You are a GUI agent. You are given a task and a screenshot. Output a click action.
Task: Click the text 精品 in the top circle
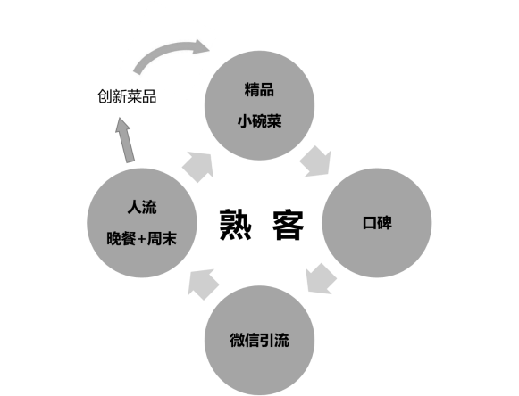pyautogui.click(x=259, y=89)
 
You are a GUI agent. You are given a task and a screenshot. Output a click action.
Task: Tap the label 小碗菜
pyautogui.click(x=259, y=121)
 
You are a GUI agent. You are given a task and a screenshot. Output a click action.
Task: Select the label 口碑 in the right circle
pyautogui.click(x=377, y=223)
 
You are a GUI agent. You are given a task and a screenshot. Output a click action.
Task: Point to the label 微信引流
pyautogui.click(x=259, y=340)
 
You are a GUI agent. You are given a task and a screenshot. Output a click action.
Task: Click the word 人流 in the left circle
pyautogui.click(x=142, y=207)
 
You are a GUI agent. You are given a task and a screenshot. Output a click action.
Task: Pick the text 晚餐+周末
pyautogui.click(x=142, y=239)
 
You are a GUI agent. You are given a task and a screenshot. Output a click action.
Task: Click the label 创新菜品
pyautogui.click(x=127, y=96)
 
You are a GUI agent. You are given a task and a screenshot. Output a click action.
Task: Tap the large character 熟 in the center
pyautogui.click(x=235, y=225)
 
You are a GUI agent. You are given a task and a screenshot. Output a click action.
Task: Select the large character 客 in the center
pyautogui.click(x=288, y=225)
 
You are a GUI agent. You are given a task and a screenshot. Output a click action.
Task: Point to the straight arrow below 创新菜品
pyautogui.click(x=125, y=140)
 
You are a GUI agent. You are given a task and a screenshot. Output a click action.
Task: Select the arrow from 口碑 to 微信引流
pyautogui.click(x=320, y=279)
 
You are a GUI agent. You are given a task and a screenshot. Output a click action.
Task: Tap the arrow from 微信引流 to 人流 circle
pyautogui.click(x=203, y=284)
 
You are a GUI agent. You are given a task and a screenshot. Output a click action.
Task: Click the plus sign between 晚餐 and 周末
pyautogui.click(x=141, y=239)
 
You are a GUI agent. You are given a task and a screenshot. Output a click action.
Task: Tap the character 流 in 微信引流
pyautogui.click(x=281, y=340)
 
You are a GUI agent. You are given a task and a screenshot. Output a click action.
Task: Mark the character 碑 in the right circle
pyautogui.click(x=385, y=223)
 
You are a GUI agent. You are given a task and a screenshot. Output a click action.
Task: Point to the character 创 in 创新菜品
pyautogui.click(x=105, y=96)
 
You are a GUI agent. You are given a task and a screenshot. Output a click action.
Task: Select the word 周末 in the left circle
pyautogui.click(x=162, y=239)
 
